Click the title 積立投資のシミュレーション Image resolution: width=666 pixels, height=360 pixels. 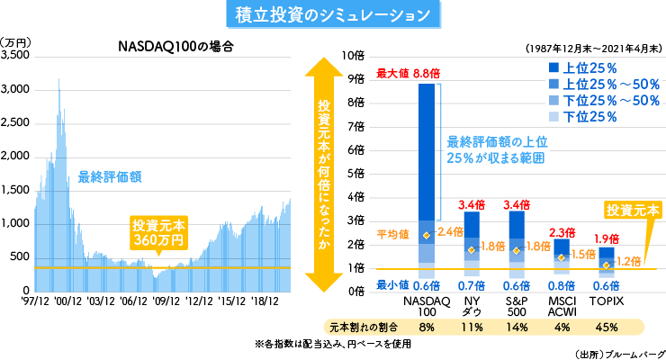pyautogui.click(x=332, y=15)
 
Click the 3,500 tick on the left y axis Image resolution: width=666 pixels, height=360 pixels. pyautogui.click(x=17, y=56)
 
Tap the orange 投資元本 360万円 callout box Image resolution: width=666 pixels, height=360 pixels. pyautogui.click(x=158, y=232)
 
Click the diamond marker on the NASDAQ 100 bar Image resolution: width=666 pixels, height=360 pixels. pyautogui.click(x=426, y=235)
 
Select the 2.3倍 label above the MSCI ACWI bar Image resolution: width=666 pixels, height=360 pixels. pyautogui.click(x=561, y=232)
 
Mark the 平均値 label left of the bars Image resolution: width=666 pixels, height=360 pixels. pyautogui.click(x=392, y=234)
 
